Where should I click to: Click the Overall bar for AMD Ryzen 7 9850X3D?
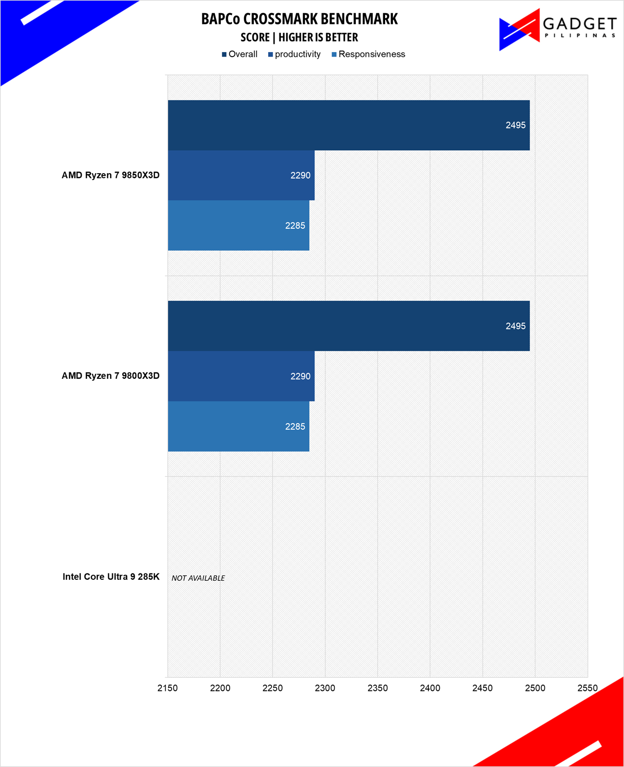(x=349, y=125)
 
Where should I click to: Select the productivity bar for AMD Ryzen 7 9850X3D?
(x=241, y=176)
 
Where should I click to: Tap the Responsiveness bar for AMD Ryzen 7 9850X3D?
(x=238, y=226)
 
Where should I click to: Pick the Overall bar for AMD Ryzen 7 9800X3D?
(x=349, y=326)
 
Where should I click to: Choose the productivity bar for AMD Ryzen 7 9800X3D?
(x=241, y=376)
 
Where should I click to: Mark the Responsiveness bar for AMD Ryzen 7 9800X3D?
(x=238, y=427)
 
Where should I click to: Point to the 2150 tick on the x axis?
(x=168, y=688)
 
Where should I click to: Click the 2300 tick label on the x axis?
(x=325, y=688)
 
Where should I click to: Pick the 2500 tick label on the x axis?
(x=535, y=688)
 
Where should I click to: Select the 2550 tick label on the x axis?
(x=587, y=688)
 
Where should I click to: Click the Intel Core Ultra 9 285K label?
(x=111, y=577)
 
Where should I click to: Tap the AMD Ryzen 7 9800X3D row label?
(x=111, y=376)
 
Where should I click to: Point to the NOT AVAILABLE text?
(x=198, y=578)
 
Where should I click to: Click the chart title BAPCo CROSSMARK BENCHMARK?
(x=299, y=19)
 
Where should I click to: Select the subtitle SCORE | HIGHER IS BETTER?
(x=299, y=38)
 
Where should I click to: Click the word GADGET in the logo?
(x=580, y=24)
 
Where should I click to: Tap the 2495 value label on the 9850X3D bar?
(x=515, y=125)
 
